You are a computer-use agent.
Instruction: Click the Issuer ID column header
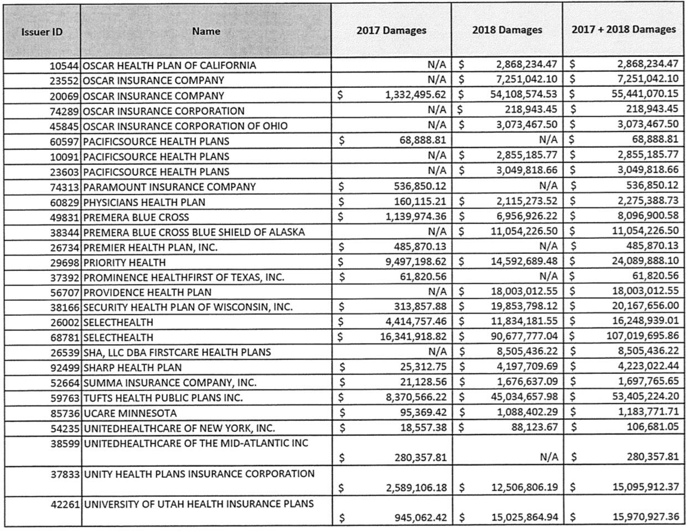point(42,32)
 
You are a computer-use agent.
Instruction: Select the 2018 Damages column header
point(507,30)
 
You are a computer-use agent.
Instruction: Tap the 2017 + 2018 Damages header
point(624,29)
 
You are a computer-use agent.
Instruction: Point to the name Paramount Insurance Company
point(169,187)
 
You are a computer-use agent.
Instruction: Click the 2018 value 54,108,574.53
point(524,95)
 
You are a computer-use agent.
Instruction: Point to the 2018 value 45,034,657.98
point(524,397)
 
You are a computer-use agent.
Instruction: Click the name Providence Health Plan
point(147,292)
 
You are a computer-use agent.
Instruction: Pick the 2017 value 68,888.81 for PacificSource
point(422,140)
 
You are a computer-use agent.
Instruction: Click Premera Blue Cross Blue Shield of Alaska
point(194,232)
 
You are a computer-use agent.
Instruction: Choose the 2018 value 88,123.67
point(534,427)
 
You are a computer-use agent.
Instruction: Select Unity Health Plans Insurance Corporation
point(199,474)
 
